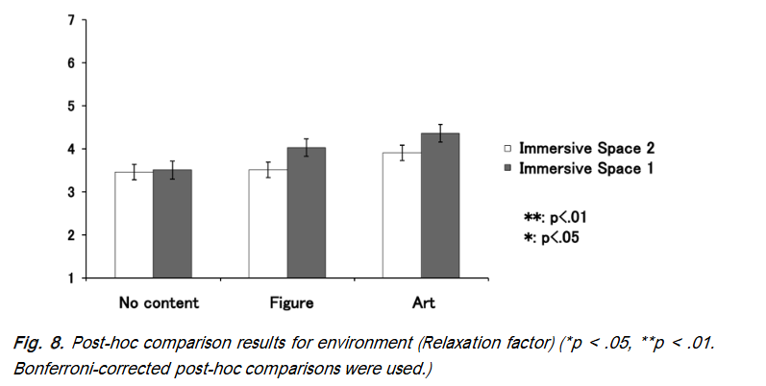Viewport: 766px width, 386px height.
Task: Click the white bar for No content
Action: pos(134,225)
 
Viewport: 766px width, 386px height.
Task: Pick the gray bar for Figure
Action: pos(307,213)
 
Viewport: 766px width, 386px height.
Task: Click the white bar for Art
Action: pos(401,215)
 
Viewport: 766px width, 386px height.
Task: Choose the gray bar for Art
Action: pos(439,205)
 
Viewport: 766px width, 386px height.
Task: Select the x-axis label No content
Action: pos(159,303)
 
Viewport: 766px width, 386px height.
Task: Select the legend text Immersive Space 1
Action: pos(587,169)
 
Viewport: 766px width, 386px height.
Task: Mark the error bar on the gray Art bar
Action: pos(439,133)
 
